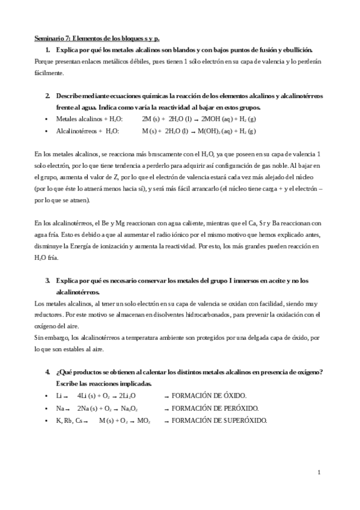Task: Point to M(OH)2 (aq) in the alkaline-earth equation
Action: coord(213,131)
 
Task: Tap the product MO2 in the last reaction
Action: coord(144,420)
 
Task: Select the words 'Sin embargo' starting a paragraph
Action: coord(51,337)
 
